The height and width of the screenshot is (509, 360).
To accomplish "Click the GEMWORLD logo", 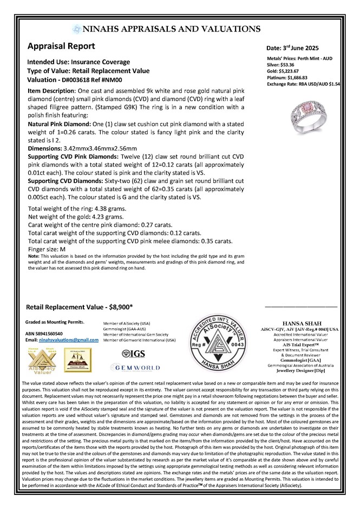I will (133, 367).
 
